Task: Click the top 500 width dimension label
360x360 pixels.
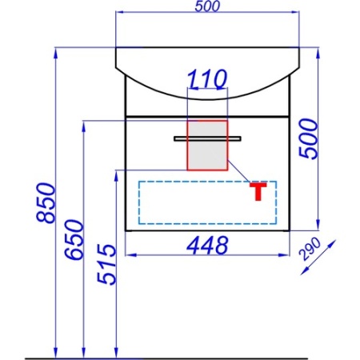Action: [x=207, y=6]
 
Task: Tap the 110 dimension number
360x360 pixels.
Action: [x=207, y=79]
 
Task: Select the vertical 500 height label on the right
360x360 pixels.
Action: [x=309, y=139]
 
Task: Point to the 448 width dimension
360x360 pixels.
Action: [x=207, y=246]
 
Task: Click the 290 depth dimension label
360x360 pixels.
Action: [x=310, y=250]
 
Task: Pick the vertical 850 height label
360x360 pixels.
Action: [x=46, y=202]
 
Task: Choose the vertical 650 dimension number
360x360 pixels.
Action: [x=74, y=239]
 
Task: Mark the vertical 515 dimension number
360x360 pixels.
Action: [x=106, y=264]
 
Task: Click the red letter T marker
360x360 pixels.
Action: [x=258, y=191]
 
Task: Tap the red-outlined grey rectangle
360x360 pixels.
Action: [x=207, y=146]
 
